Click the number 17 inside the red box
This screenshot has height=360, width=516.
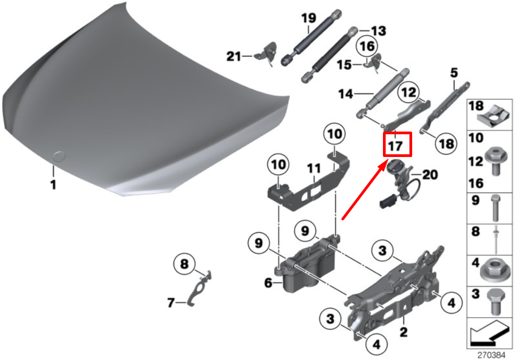click(x=395, y=146)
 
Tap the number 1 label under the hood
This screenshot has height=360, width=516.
click(x=53, y=185)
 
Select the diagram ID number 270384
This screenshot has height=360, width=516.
click(x=491, y=355)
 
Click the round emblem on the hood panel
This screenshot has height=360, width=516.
click(x=59, y=156)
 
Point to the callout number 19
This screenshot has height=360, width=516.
click(x=309, y=18)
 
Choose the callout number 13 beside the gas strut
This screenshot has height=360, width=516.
click(x=379, y=31)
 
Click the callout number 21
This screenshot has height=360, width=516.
click(x=234, y=56)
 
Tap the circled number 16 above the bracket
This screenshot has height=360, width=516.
click(x=367, y=46)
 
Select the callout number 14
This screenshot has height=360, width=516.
click(x=346, y=94)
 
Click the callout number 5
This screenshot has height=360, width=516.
click(x=454, y=73)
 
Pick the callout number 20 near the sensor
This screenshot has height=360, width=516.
click(x=430, y=174)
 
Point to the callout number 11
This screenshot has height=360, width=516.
click(x=314, y=169)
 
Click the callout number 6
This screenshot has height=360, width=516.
click(x=268, y=283)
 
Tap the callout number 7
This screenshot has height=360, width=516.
click(x=171, y=303)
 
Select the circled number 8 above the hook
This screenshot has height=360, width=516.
click(x=184, y=264)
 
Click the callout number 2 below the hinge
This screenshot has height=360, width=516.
click(x=403, y=331)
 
